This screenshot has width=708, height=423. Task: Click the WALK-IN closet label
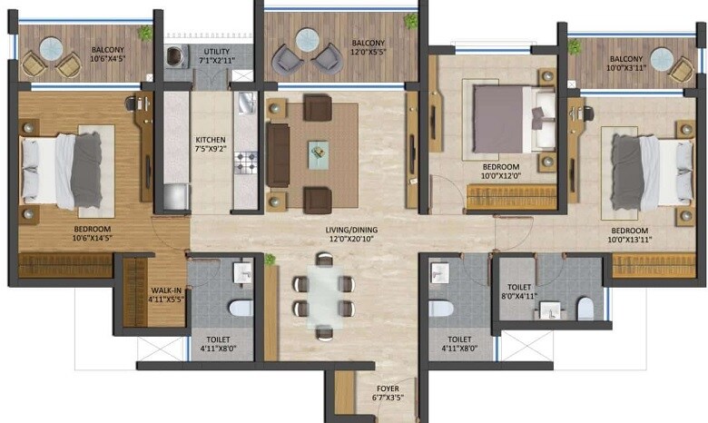[x=167, y=290]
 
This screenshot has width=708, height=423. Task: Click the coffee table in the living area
[x=318, y=152]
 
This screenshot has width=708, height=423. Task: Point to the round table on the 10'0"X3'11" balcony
[x=662, y=58]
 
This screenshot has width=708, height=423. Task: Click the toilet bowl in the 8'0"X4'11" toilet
[x=585, y=309]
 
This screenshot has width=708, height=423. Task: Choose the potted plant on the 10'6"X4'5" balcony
[x=144, y=33]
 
